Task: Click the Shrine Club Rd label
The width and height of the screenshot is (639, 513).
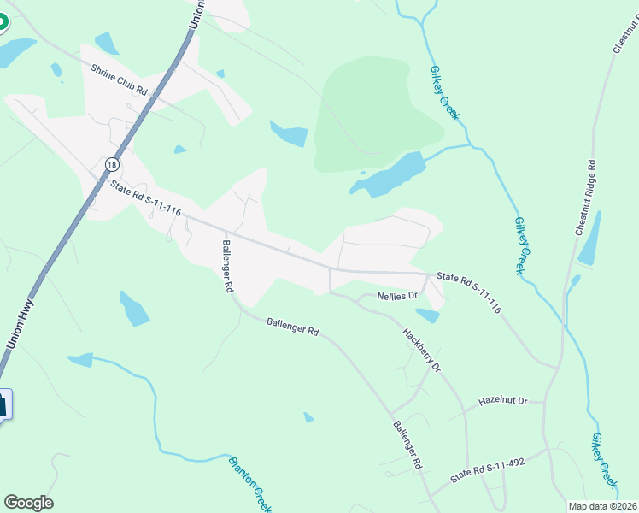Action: point(120,79)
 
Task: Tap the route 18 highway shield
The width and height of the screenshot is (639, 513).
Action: point(112,163)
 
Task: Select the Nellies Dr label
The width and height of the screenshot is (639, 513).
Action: point(397,296)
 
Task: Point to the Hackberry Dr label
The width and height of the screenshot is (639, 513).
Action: point(421,348)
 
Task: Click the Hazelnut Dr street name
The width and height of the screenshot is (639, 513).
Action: point(504,400)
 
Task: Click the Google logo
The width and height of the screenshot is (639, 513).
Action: point(28,502)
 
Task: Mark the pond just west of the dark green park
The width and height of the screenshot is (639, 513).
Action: point(289,133)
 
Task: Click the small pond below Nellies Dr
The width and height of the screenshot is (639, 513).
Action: point(428,315)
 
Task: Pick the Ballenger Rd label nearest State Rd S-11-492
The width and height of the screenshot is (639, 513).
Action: point(408,445)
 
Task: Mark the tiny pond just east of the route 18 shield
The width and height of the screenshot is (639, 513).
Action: point(179,150)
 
